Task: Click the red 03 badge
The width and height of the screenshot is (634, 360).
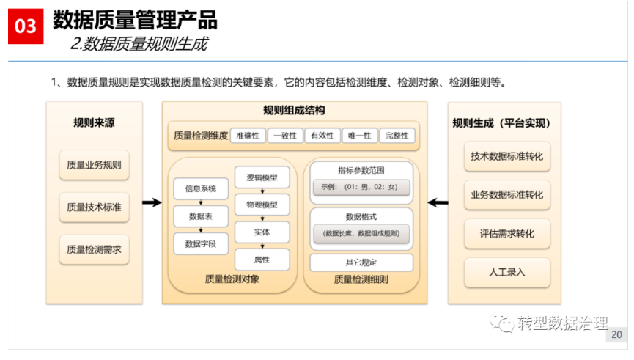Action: tap(26, 26)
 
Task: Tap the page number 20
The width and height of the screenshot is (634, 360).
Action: tap(616, 334)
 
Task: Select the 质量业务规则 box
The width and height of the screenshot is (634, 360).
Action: tap(95, 165)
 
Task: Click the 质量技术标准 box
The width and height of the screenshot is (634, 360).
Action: tap(95, 207)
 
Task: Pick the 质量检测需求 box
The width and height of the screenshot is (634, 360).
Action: tap(95, 249)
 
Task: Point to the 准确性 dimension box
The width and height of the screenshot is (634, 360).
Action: tap(248, 136)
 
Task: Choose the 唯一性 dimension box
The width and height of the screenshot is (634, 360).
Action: tap(359, 136)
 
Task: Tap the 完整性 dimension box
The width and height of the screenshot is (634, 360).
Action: tap(397, 136)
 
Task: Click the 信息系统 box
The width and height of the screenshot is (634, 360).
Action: tap(201, 188)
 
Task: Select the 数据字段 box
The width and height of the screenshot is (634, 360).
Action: tap(201, 244)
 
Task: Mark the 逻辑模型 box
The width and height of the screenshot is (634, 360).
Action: tap(262, 177)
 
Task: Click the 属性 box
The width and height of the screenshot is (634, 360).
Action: tap(262, 260)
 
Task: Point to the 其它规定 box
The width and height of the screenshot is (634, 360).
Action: tap(361, 262)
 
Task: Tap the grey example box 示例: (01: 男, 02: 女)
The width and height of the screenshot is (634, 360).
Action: tap(361, 187)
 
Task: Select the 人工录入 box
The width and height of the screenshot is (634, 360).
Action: tap(507, 272)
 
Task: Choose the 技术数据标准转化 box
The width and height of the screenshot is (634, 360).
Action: tap(507, 156)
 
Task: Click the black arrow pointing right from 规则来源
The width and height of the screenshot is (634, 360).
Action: tap(152, 202)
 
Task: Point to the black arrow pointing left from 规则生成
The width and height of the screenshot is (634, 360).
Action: tap(438, 202)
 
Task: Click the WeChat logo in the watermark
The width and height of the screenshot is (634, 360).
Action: tap(502, 323)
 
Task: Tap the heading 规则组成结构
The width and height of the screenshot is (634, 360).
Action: tap(294, 110)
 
